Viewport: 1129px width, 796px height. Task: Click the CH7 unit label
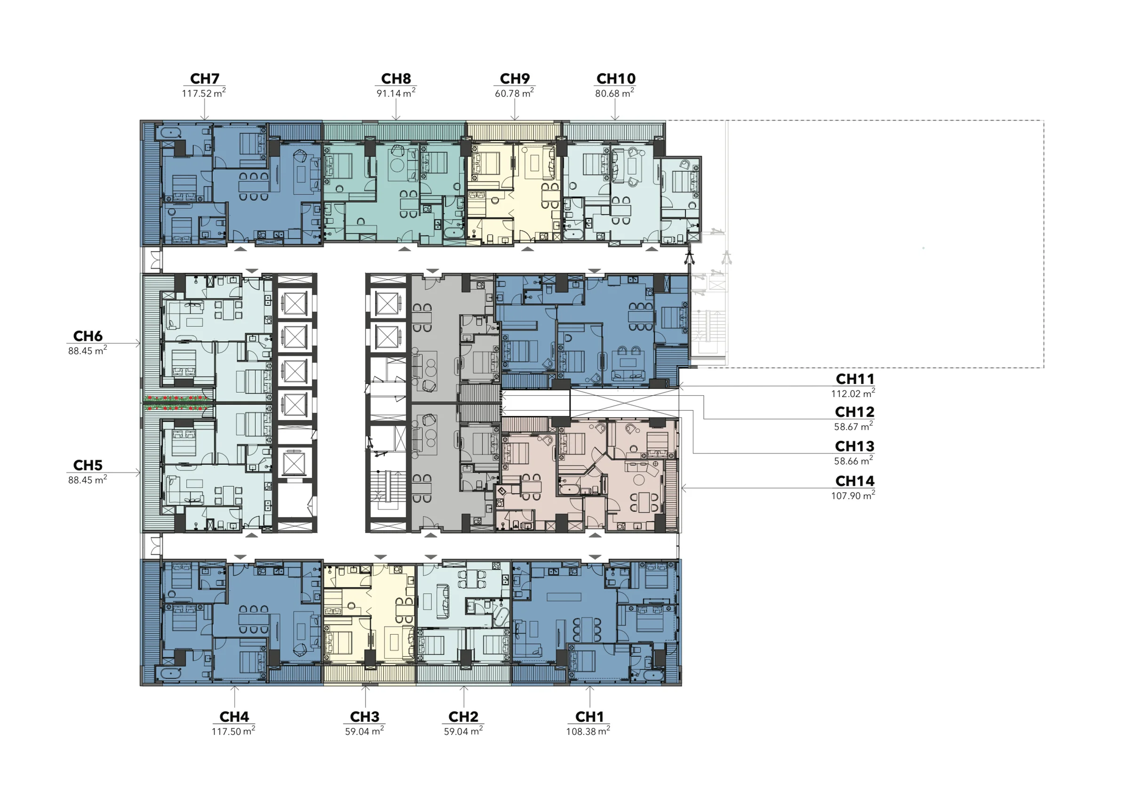pyautogui.click(x=205, y=79)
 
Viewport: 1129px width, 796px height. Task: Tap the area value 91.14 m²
pyautogui.click(x=396, y=94)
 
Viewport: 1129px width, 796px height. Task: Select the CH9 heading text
pyautogui.click(x=514, y=79)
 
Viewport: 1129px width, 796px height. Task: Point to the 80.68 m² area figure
pyautogui.click(x=614, y=94)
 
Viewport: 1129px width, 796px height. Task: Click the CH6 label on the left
pyautogui.click(x=87, y=336)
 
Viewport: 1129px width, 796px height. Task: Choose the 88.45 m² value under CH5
pyautogui.click(x=87, y=480)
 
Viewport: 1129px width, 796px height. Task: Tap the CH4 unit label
pyautogui.click(x=234, y=716)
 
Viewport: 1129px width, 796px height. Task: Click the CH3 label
pyautogui.click(x=365, y=716)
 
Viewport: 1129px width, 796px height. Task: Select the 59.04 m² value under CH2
pyautogui.click(x=463, y=732)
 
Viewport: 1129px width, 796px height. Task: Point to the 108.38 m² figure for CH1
pyautogui.click(x=588, y=732)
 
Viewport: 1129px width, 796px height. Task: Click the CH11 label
pyautogui.click(x=855, y=379)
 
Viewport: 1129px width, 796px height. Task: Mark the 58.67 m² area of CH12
pyautogui.click(x=854, y=427)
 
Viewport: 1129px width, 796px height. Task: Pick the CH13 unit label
pyautogui.click(x=855, y=446)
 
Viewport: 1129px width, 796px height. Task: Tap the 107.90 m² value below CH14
pyautogui.click(x=853, y=495)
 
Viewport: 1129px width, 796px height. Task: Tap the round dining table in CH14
pyautogui.click(x=639, y=480)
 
